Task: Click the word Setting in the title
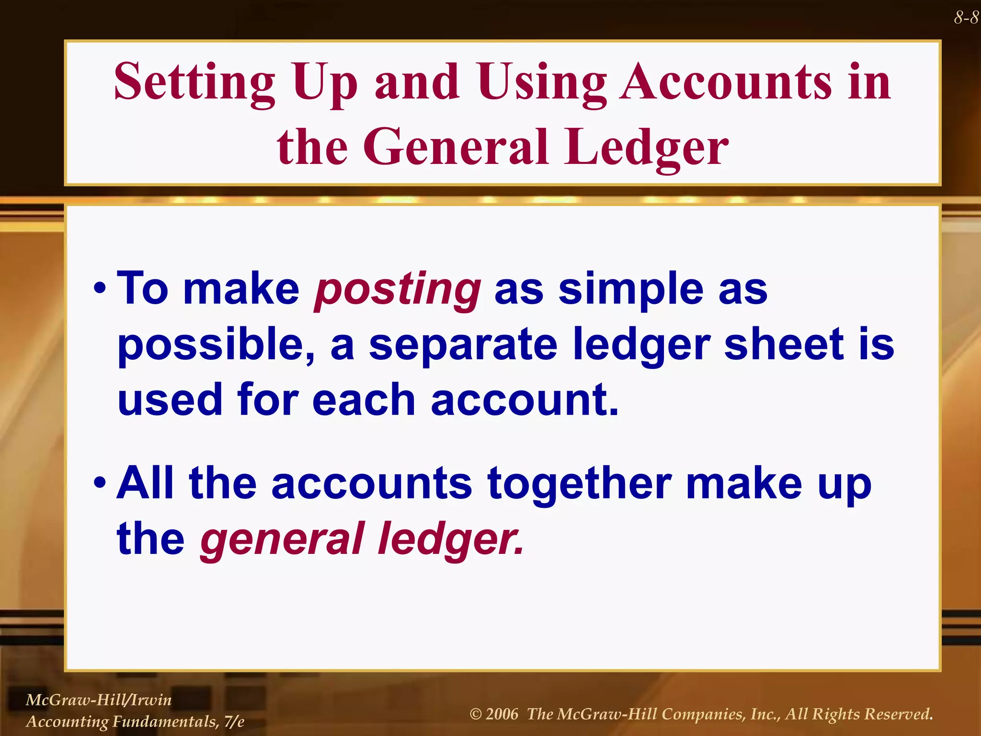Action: (x=194, y=82)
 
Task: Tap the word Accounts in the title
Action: (x=725, y=82)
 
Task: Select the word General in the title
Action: (x=455, y=147)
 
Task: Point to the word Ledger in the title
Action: (x=646, y=147)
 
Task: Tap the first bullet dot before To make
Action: (x=100, y=289)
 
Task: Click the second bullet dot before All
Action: (x=100, y=483)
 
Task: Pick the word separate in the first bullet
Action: (x=463, y=345)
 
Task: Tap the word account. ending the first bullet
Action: (x=525, y=400)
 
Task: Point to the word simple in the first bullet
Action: (x=630, y=289)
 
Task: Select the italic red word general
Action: (x=282, y=540)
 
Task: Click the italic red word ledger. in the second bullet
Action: (x=451, y=539)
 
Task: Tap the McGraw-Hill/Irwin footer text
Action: (x=99, y=700)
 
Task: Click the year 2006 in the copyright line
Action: (x=502, y=714)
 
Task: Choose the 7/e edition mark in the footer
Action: (x=234, y=721)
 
